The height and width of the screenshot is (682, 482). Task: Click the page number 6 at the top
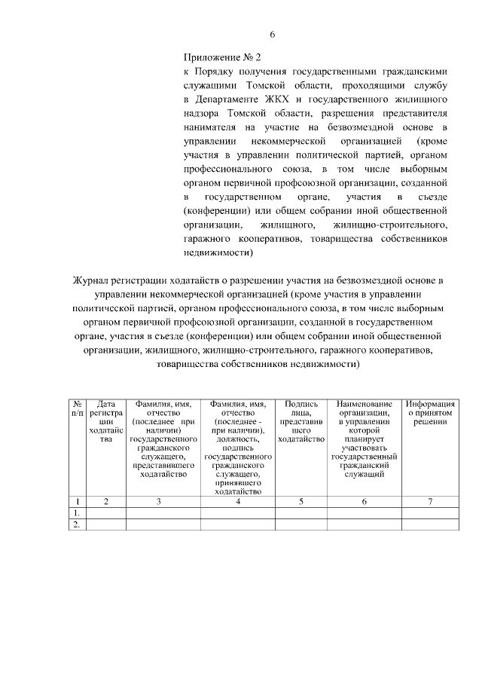[x=273, y=34]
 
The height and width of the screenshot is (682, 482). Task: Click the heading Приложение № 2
[x=222, y=57]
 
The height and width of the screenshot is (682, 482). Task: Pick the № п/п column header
[x=78, y=408]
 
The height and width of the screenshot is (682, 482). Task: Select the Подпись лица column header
[x=301, y=422]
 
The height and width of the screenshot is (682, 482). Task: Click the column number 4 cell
[x=237, y=501]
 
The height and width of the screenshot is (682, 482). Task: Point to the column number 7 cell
[x=430, y=501]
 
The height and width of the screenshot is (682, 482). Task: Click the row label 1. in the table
[x=77, y=513]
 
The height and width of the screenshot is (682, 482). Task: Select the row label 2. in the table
[x=77, y=525]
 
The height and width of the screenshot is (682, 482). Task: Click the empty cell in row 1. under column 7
[x=430, y=513]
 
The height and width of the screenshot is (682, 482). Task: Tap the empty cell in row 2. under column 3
[x=162, y=525]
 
